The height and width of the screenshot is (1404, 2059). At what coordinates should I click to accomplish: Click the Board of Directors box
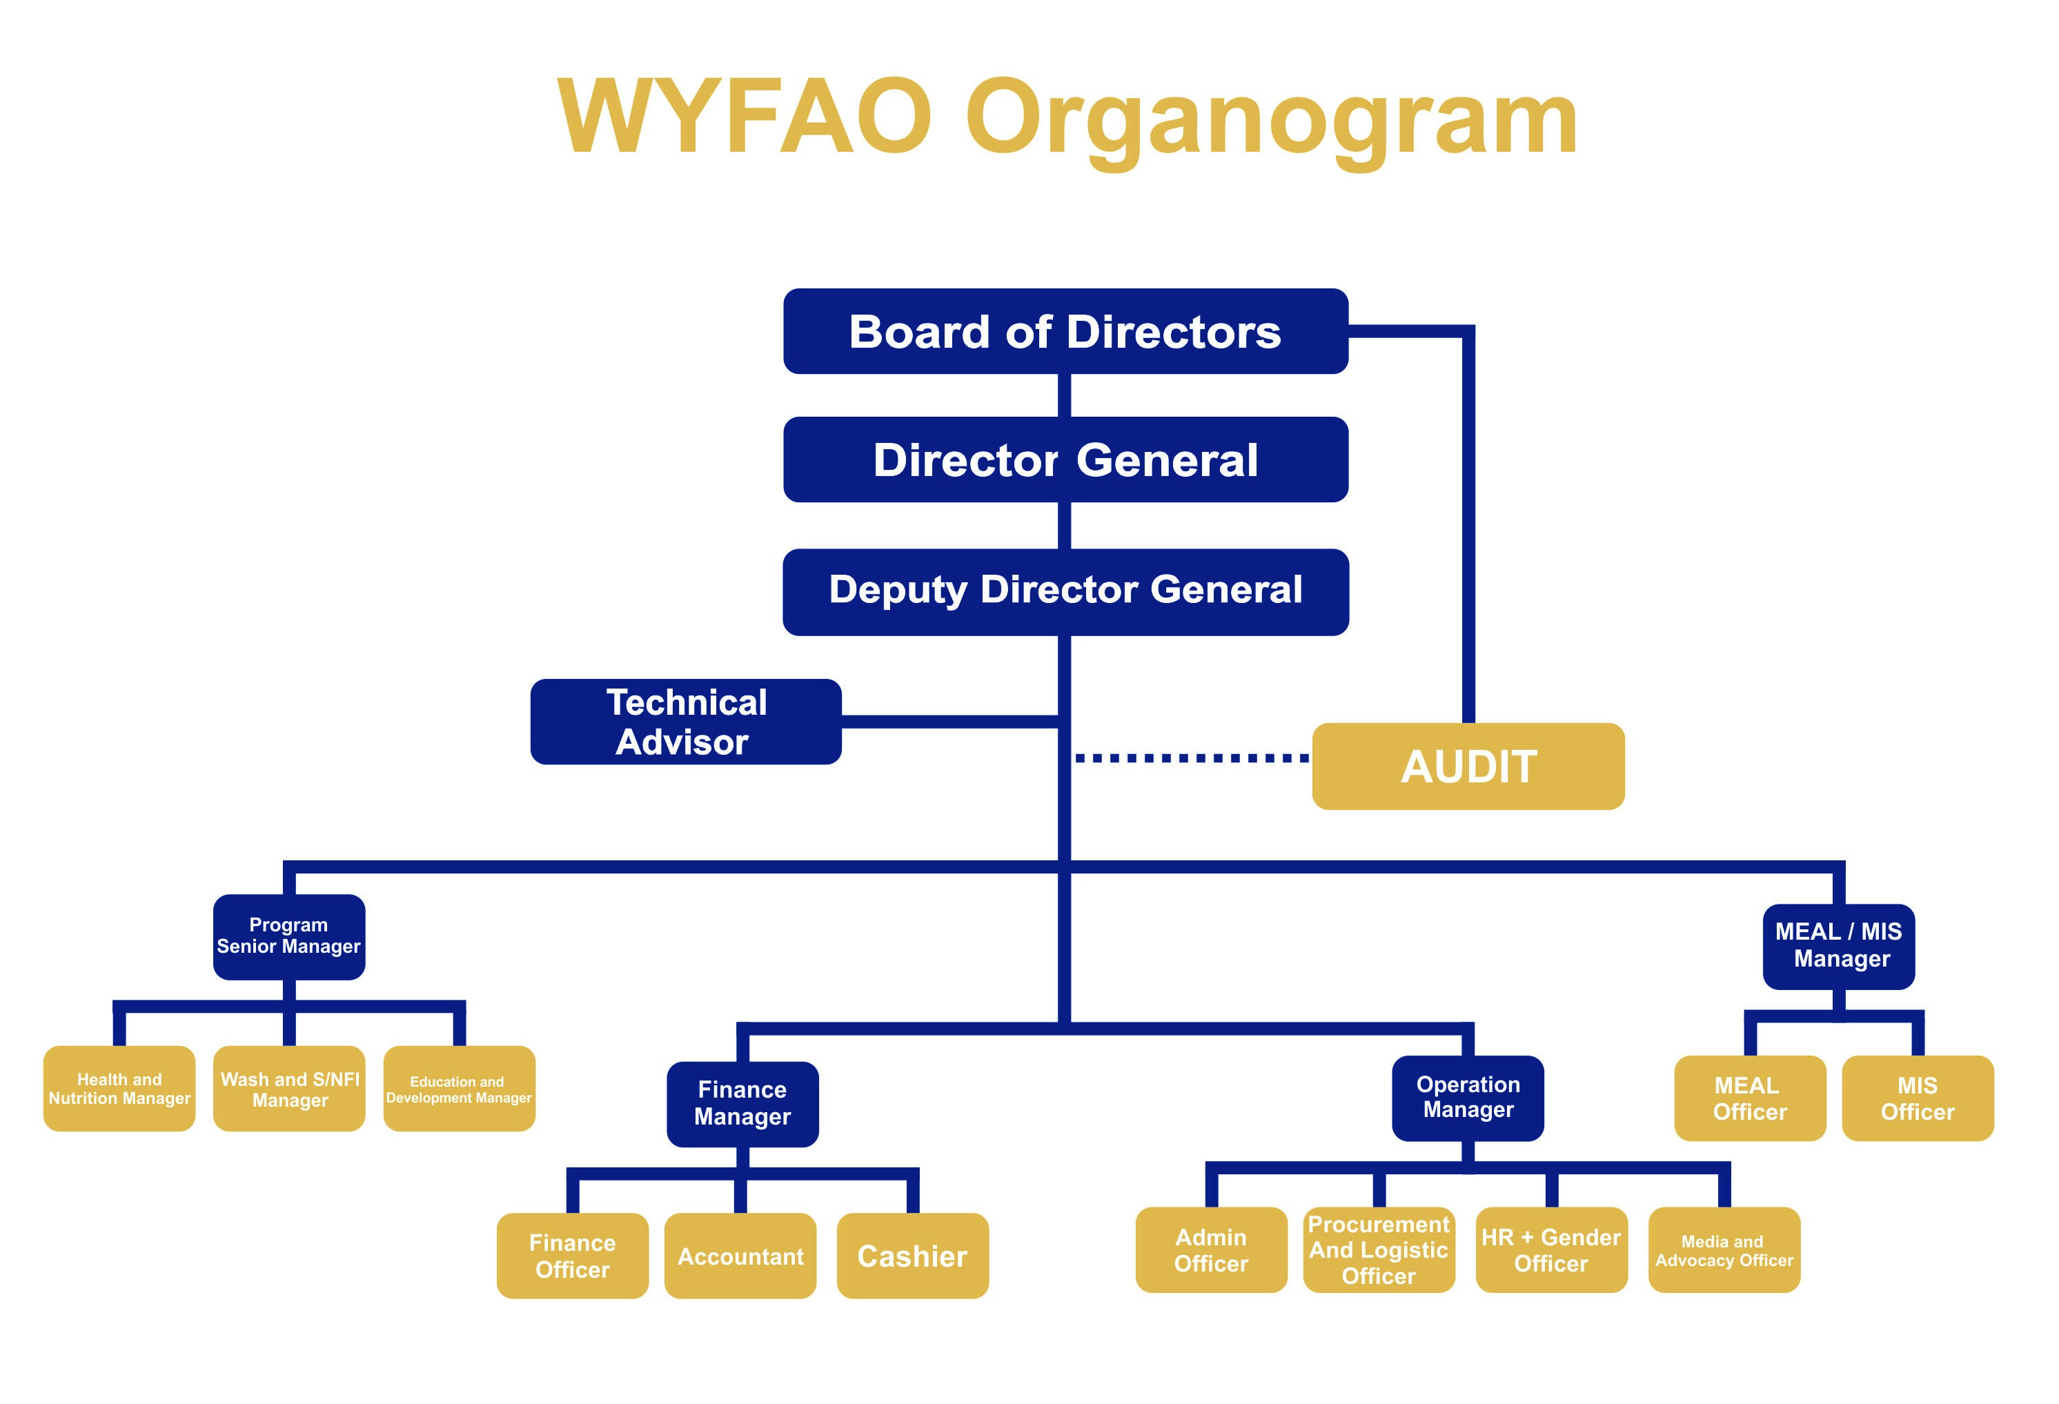(1066, 331)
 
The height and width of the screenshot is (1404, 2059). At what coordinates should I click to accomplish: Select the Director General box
(1066, 459)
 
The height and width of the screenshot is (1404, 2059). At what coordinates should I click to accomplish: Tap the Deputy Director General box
(1066, 592)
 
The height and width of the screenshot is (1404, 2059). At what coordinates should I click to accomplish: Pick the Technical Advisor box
(686, 722)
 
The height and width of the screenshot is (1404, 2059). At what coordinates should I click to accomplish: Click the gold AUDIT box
(1468, 767)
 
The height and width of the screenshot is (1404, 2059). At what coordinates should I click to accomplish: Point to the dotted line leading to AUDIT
(1192, 758)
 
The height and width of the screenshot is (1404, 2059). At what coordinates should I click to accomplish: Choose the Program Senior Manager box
(289, 937)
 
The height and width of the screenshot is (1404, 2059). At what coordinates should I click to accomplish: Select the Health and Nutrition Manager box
(119, 1089)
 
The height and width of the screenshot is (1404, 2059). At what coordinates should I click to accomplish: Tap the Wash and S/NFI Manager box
(289, 1089)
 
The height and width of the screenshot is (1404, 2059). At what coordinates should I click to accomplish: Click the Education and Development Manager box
(459, 1089)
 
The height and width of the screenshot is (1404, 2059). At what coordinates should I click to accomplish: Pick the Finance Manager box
(742, 1105)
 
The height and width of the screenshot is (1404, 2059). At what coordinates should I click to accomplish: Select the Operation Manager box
(1468, 1098)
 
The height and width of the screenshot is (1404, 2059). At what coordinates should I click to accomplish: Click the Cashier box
(913, 1256)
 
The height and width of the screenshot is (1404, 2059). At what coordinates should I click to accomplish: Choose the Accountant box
(740, 1256)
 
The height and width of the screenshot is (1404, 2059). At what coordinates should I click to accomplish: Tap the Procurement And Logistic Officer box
(1379, 1250)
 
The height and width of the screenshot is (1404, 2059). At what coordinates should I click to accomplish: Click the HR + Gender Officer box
(1551, 1250)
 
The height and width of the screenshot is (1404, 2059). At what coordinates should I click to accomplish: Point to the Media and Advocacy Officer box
(1724, 1250)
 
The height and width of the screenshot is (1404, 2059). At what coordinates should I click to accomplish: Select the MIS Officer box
(1918, 1098)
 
